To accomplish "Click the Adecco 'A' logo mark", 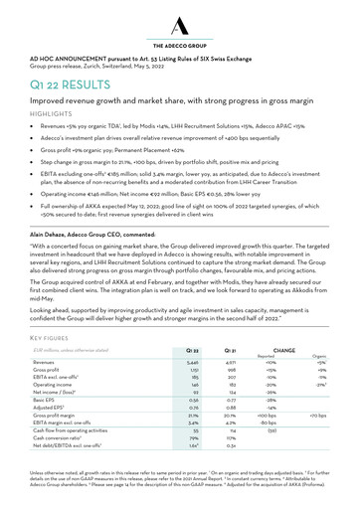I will [180, 22].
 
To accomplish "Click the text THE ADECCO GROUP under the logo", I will [180, 46].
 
